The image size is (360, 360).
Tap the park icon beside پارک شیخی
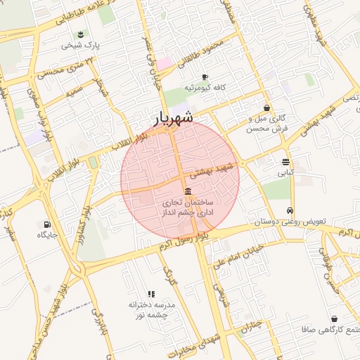[x=82, y=34]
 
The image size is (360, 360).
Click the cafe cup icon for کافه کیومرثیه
[x=205, y=77]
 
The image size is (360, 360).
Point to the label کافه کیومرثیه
[x=204, y=88]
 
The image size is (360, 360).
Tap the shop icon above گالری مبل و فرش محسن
[x=266, y=108]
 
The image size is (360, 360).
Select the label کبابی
[x=285, y=172]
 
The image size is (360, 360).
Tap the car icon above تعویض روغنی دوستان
[x=290, y=210]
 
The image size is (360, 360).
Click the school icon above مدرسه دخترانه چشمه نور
[x=150, y=294]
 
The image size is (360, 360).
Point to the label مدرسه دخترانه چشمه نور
[x=150, y=310]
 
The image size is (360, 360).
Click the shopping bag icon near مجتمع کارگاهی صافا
[x=333, y=319]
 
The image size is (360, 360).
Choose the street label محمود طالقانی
[x=206, y=54]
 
